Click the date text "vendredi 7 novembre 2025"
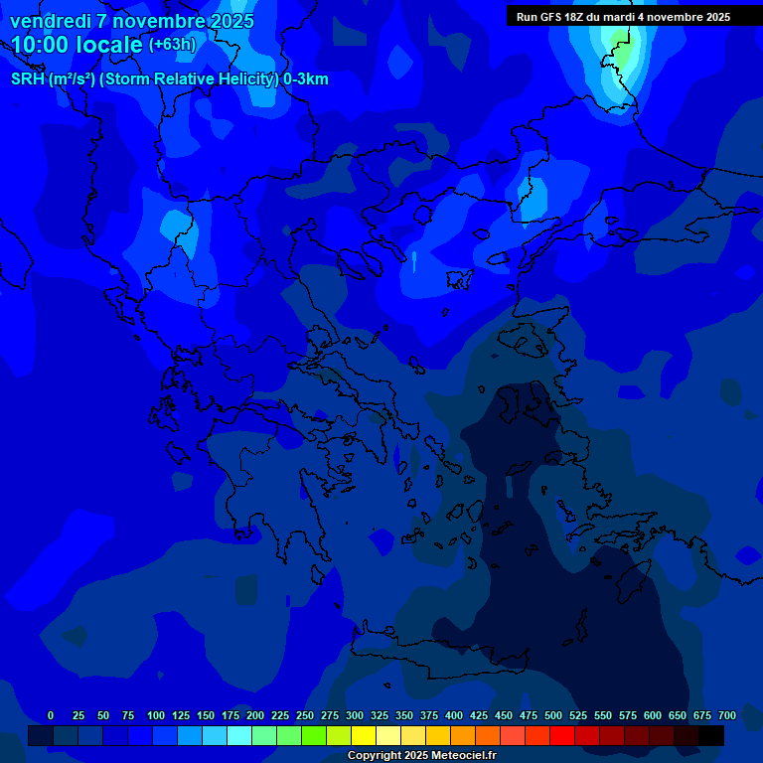(132, 21)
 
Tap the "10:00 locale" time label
(77, 45)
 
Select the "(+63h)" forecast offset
(172, 45)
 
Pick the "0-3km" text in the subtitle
(306, 79)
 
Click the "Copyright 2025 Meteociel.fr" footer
(421, 756)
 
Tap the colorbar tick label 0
(51, 715)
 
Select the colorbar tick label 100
(156, 715)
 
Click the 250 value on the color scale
(305, 715)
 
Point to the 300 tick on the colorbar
(355, 715)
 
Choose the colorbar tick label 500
(553, 715)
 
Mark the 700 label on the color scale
(726, 715)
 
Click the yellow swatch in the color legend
(364, 736)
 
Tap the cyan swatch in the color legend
(239, 736)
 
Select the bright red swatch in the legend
(562, 736)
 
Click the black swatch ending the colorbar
(711, 736)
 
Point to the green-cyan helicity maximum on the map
(620, 40)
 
